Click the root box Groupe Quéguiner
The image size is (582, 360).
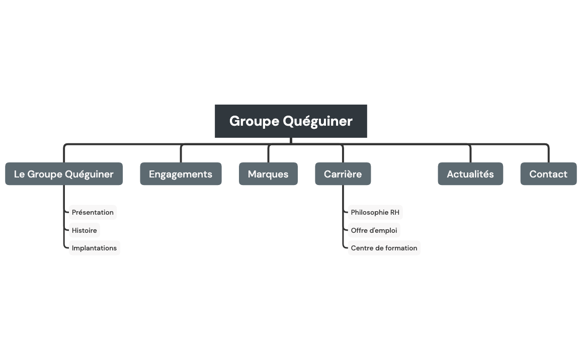291,121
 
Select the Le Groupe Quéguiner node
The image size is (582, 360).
64,174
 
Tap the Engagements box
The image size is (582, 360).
181,174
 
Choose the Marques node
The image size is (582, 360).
268,174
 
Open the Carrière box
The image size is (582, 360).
343,174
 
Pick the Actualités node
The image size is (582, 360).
470,174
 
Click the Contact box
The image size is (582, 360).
548,174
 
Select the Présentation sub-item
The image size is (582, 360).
93,212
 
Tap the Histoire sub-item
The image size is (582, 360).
85,230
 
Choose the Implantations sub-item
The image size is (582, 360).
94,248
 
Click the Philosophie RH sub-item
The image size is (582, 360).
375,212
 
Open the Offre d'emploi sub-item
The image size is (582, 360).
374,230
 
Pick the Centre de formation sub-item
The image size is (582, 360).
384,248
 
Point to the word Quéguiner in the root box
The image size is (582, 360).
317,121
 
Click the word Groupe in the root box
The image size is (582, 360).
254,121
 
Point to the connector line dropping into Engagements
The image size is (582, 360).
181,154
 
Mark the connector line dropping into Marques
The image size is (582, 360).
269,154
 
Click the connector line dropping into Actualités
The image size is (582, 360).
470,154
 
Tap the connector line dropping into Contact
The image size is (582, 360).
548,154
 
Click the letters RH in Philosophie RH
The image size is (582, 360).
394,212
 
